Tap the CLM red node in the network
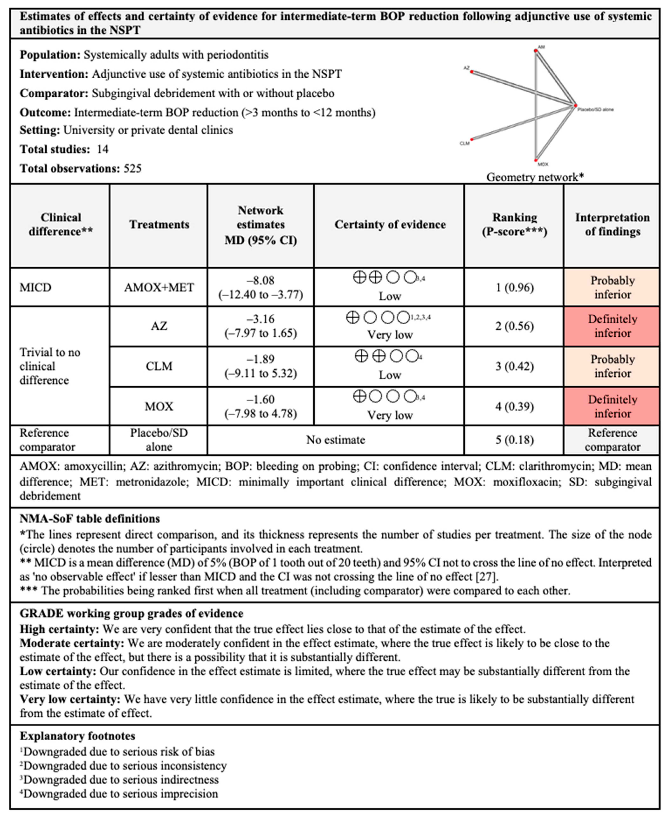pyautogui.click(x=472, y=139)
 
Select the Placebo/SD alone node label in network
pyautogui.click(x=595, y=110)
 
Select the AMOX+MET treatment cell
pyautogui.click(x=159, y=287)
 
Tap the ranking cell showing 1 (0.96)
pyautogui.click(x=514, y=287)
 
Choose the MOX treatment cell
pyautogui.click(x=159, y=406)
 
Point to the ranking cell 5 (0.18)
pyautogui.click(x=514, y=440)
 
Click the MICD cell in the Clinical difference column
pyautogui.click(x=36, y=287)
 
